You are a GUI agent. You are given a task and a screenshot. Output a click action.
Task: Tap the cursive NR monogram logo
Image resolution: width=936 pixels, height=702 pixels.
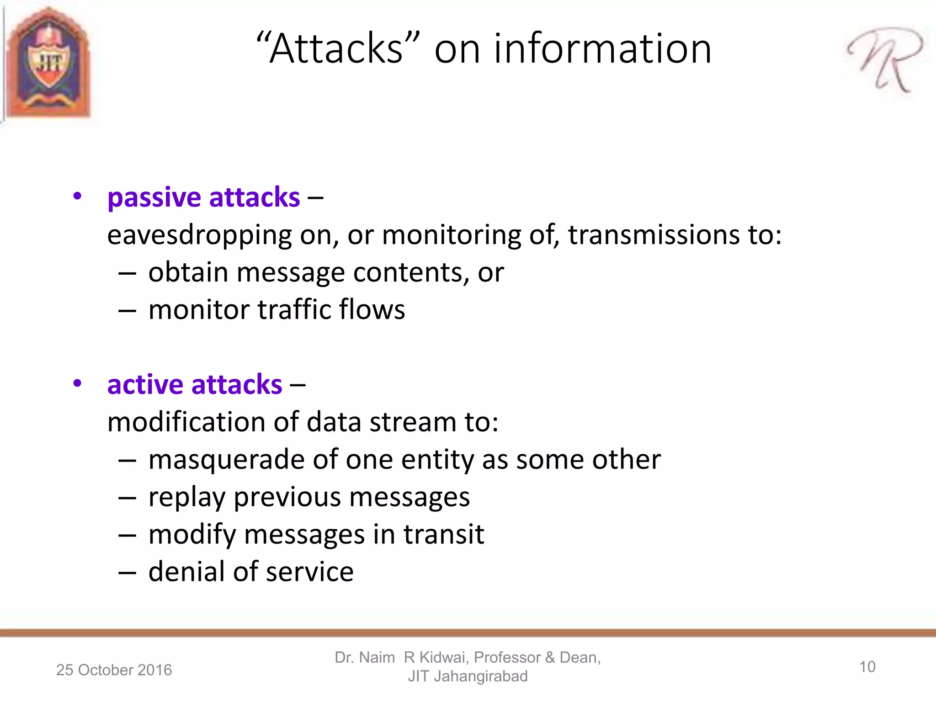point(885,59)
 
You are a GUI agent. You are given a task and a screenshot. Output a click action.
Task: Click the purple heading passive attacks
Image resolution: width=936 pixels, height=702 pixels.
point(203,197)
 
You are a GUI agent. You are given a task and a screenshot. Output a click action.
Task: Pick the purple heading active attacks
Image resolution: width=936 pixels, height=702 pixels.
point(195,384)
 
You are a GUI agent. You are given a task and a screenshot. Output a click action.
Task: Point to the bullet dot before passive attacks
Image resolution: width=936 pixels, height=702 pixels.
point(77,197)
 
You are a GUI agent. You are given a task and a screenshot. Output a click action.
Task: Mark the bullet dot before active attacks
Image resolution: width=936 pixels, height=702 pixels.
point(77,383)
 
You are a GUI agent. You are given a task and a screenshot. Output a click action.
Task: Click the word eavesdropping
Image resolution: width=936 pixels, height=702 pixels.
point(199,235)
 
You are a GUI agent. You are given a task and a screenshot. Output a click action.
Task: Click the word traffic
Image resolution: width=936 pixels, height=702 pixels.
point(294,309)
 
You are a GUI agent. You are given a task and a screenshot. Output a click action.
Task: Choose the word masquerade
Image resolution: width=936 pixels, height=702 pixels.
point(226,460)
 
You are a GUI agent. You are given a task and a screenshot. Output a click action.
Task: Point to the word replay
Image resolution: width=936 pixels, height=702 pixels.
point(186,497)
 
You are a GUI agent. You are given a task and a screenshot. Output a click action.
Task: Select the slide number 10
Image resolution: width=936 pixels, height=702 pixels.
point(867,667)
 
